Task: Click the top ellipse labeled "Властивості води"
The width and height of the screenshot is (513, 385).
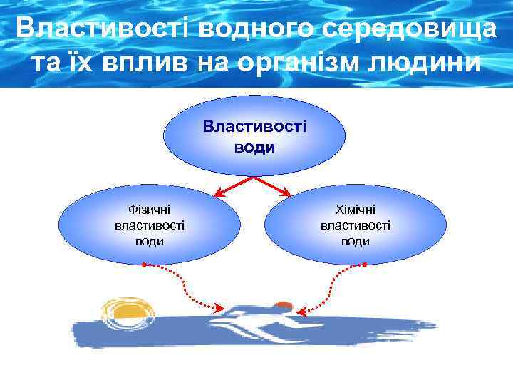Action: pyautogui.click(x=254, y=136)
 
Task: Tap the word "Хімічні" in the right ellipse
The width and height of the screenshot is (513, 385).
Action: pyautogui.click(x=356, y=210)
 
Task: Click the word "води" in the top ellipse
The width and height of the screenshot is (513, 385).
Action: pyautogui.click(x=254, y=148)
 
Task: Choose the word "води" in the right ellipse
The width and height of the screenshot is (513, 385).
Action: pyautogui.click(x=356, y=241)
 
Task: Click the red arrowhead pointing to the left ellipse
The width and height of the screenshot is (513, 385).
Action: pyautogui.click(x=218, y=192)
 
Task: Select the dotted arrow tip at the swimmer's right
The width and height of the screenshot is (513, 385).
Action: pyautogui.click(x=301, y=311)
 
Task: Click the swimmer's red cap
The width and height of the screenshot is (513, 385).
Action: pyautogui.click(x=283, y=306)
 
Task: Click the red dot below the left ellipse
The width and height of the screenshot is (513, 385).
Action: pyautogui.click(x=144, y=265)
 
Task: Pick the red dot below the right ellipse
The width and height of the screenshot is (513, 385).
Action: pyautogui.click(x=365, y=265)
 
